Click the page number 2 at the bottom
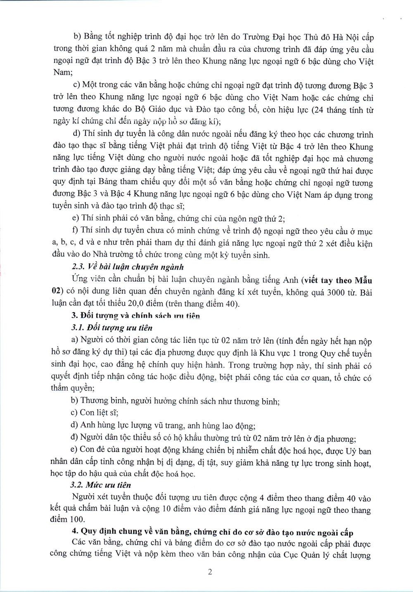[x=210, y=572]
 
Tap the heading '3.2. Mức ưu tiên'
[x=101, y=485]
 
